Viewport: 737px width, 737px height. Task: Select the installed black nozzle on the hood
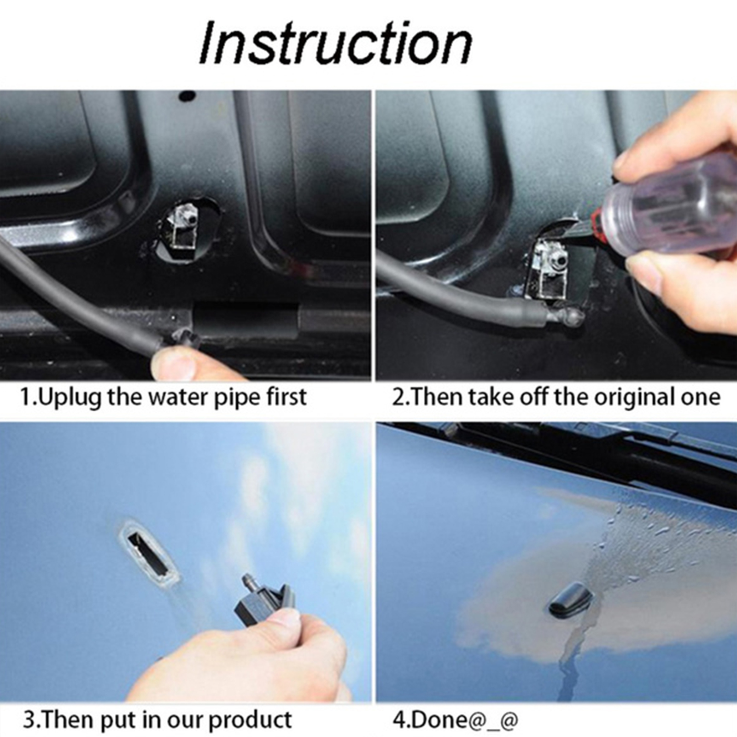(570, 600)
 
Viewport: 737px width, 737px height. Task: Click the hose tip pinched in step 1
(184, 339)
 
